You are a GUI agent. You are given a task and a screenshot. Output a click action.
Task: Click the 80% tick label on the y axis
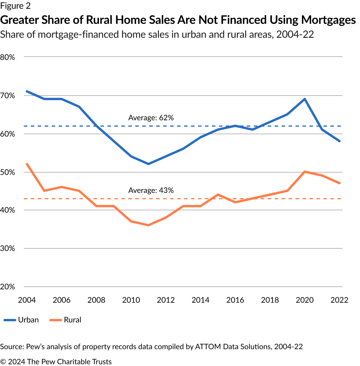point(8,57)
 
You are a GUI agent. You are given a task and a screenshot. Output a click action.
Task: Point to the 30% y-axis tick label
point(8,248)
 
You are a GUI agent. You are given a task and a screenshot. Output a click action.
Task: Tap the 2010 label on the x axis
point(131,300)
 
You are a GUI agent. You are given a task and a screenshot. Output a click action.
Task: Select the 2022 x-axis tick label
point(339,300)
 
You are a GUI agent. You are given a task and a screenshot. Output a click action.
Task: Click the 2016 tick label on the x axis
point(235,300)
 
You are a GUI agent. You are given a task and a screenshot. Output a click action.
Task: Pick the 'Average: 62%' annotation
point(151,118)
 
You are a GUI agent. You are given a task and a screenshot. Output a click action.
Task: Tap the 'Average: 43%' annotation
point(151,190)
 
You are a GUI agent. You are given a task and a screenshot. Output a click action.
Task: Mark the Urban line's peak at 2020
point(305,99)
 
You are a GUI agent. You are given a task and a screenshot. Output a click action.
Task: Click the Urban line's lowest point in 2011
point(148,164)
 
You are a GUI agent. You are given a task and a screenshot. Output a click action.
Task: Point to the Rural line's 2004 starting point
point(27,164)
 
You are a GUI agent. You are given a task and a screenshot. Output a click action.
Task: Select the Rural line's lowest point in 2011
point(148,225)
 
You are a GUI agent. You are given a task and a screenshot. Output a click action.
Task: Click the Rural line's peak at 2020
point(305,172)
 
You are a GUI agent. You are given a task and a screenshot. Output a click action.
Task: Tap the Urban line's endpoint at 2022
point(339,141)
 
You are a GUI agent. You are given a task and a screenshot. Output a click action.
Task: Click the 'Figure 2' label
point(15,6)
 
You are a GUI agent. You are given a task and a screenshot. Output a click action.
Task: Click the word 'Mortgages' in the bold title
point(328,20)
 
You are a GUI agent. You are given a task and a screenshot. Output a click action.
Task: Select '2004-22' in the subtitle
point(295,35)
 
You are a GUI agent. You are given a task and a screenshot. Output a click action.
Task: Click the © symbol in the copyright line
point(3,362)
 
